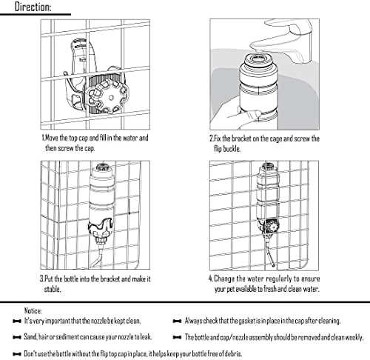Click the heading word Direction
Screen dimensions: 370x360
[33, 7]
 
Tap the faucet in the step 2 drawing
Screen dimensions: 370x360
[286, 39]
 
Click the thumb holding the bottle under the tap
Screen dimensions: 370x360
[254, 113]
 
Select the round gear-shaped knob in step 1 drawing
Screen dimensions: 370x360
[107, 97]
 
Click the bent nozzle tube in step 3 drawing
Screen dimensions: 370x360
[98, 257]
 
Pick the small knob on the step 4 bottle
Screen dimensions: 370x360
[272, 226]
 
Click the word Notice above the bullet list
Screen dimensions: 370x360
[33, 310]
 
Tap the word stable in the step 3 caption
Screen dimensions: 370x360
[53, 289]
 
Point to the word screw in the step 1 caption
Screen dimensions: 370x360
[65, 148]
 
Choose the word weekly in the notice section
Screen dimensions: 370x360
[354, 337]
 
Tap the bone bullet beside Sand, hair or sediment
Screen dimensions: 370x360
[17, 337]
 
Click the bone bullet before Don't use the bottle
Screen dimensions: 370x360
[17, 354]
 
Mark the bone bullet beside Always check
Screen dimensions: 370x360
[178, 321]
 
